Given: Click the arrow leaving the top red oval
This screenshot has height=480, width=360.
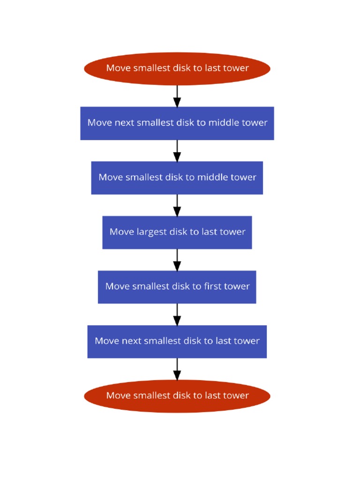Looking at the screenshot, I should click(x=177, y=96).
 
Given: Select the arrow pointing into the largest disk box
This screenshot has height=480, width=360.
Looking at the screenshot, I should click(x=177, y=205).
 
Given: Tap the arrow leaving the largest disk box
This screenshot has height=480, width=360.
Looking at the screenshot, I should click(x=177, y=259).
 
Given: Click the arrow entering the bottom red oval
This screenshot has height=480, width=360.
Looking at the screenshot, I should click(x=177, y=369).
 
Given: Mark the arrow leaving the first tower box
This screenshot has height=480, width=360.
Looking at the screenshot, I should click(x=177, y=314).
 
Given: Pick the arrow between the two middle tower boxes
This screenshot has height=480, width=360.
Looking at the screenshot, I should click(x=177, y=150).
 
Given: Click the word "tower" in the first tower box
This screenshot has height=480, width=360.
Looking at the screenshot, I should click(x=238, y=286).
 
